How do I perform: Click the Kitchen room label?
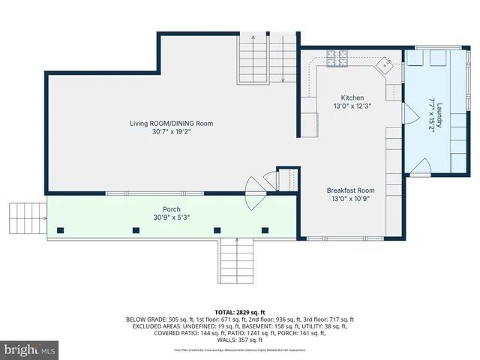(352, 98)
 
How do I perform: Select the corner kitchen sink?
(387, 64)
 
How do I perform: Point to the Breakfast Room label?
(350, 190)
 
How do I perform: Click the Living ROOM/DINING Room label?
(172, 123)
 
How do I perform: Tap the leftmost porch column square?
(62, 229)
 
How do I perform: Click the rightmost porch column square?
(264, 229)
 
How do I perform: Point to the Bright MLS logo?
(30, 349)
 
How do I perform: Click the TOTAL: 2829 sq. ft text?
(240, 312)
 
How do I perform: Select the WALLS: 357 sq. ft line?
(240, 339)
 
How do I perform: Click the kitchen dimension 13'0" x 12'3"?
(352, 107)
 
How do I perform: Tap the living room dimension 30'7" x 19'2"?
(172, 132)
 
